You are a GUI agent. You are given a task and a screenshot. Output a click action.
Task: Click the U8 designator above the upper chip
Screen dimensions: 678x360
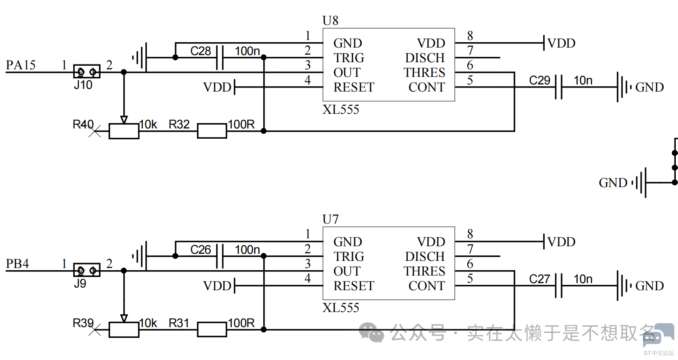pos(330,20)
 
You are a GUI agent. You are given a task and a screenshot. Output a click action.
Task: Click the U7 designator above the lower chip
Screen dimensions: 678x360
pos(330,219)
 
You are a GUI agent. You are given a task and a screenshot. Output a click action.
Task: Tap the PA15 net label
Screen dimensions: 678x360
pos(21,65)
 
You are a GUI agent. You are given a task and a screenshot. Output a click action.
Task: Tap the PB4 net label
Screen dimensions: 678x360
pos(17,264)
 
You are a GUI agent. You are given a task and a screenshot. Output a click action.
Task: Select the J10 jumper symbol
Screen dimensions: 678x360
pos(87,72)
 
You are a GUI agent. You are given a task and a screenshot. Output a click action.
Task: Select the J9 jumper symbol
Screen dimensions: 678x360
pos(87,270)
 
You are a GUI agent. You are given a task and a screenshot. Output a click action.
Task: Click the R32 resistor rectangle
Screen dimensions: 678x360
pos(212,131)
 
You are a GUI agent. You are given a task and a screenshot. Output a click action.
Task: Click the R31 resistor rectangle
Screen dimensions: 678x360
pos(212,329)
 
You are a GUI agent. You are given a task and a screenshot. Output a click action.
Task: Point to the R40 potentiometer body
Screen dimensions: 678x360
pos(124,131)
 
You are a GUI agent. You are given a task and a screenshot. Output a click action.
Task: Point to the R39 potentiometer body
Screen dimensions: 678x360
pos(124,330)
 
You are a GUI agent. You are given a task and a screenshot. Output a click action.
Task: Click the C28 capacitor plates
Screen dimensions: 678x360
pos(220,57)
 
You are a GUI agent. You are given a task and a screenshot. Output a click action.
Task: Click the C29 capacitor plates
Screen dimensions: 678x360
pos(559,87)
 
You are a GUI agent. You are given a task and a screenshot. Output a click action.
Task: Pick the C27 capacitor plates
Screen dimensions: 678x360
pos(559,286)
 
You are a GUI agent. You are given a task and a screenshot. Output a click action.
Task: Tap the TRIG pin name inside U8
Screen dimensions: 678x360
pos(349,58)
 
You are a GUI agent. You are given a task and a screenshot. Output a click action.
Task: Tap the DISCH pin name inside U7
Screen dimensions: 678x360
pos(425,256)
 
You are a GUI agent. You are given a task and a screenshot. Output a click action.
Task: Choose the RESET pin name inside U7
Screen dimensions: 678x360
pos(354,286)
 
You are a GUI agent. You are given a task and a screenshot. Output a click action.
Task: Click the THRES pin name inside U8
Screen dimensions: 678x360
pos(424,72)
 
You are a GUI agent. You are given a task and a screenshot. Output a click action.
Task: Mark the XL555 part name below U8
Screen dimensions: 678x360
pos(341,109)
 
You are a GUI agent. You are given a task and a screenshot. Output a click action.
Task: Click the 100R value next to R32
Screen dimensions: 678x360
pos(241,124)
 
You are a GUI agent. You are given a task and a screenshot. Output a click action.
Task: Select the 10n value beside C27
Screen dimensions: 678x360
pos(583,279)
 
